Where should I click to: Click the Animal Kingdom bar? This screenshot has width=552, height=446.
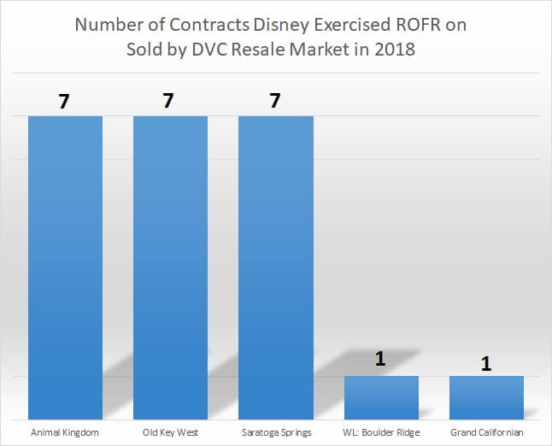[65, 266]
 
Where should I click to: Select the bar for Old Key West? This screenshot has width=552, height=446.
[170, 266]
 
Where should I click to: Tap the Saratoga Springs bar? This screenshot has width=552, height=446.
[275, 266]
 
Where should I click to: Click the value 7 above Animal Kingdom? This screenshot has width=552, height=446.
[65, 101]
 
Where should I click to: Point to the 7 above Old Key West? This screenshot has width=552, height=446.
[170, 101]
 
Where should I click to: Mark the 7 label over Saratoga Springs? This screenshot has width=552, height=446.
[275, 101]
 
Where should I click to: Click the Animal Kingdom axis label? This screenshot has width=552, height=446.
[65, 432]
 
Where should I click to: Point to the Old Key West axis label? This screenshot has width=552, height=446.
[170, 432]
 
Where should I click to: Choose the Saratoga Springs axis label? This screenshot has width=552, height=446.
[275, 432]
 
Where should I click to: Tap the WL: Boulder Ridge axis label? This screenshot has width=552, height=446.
[381, 432]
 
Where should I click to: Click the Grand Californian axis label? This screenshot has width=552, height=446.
[486, 432]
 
